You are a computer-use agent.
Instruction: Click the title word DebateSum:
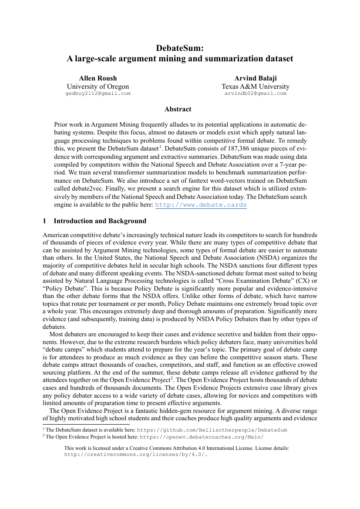pos(180,48)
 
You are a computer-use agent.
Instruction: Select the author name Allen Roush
pos(98,78)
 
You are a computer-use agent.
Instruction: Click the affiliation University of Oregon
pos(98,86)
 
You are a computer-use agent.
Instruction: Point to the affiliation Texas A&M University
pos(255,86)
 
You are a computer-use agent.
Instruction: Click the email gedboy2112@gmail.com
pos(98,93)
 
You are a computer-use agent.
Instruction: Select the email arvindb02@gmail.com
pos(255,93)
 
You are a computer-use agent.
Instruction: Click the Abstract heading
pos(178,109)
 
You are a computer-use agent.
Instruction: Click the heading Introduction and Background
pos(100,221)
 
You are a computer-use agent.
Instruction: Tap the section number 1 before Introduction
pos(44,221)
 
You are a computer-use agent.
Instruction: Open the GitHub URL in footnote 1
pos(212,430)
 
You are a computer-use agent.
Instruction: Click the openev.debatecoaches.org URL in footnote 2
pos(202,437)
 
